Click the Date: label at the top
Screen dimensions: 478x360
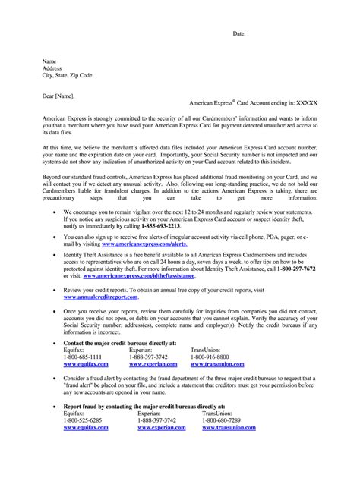[239, 34]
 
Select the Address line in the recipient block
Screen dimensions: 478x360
[54, 68]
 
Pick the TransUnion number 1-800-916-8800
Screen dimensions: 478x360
[209, 356]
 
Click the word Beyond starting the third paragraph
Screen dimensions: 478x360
[53, 175]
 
